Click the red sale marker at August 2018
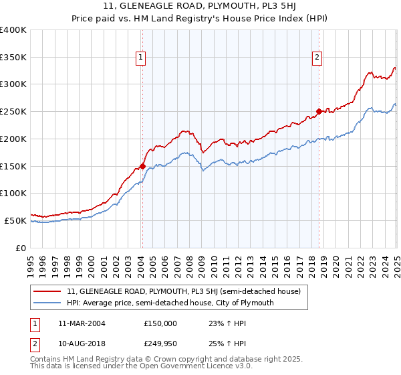click(319, 112)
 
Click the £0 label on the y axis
click(21, 248)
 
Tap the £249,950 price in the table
click(160, 344)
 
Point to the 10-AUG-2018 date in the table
click(82, 344)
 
